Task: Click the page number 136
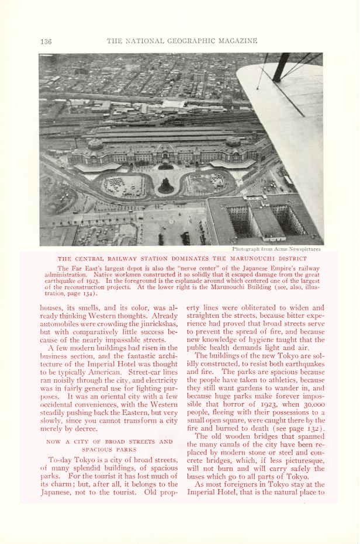[x=46, y=41]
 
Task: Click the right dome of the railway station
[x=233, y=141]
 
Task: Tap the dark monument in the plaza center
[x=166, y=186]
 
